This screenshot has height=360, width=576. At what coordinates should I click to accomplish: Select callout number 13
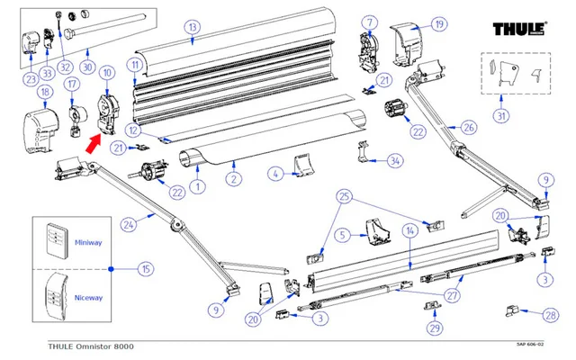[191, 28]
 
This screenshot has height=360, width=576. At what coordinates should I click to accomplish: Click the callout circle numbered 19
[438, 23]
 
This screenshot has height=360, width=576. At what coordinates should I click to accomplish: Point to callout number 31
[502, 116]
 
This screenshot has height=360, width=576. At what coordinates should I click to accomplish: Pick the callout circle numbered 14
[409, 230]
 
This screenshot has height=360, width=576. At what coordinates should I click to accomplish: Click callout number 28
[549, 314]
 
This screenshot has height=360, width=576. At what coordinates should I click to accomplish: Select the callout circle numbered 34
[394, 161]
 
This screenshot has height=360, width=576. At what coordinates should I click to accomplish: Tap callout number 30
[86, 67]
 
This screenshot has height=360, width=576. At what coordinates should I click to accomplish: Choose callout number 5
[341, 235]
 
